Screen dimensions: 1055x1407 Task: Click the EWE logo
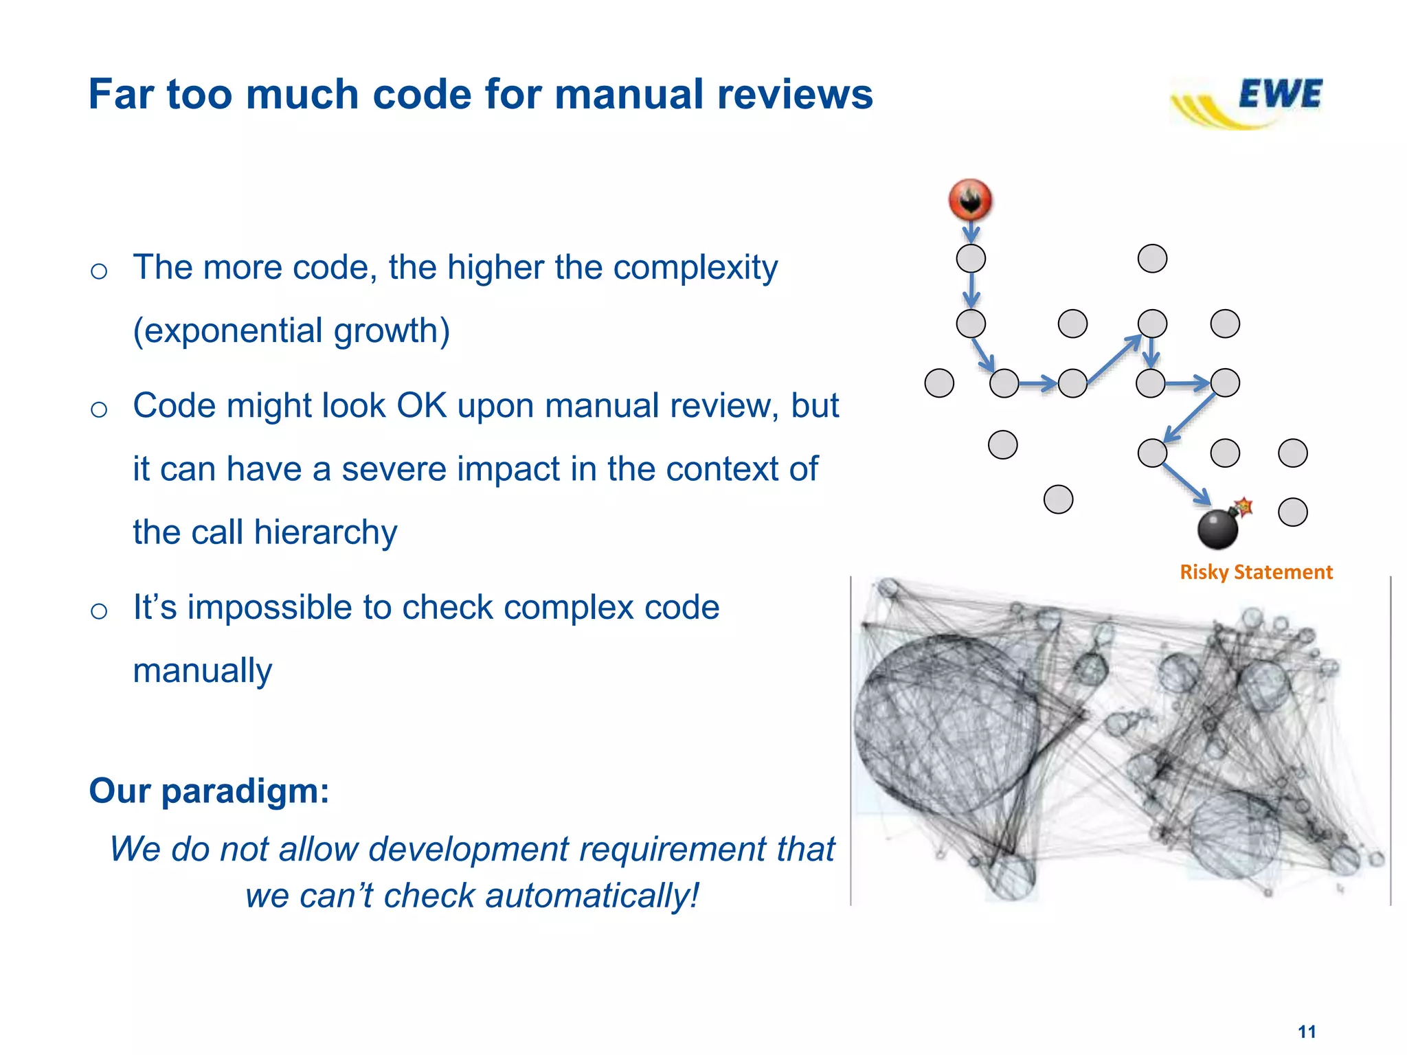[1249, 102]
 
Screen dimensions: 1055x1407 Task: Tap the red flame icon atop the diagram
[970, 200]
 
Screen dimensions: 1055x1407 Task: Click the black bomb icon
[1218, 528]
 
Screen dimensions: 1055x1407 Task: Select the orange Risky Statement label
[1256, 572]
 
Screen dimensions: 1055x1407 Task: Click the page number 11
[1307, 1032]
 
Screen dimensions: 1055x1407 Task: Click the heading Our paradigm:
[209, 791]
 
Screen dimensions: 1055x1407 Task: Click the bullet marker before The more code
[99, 271]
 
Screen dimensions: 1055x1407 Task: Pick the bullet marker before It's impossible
[99, 611]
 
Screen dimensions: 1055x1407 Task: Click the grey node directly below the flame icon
[971, 259]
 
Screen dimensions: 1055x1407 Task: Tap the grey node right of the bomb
[1292, 512]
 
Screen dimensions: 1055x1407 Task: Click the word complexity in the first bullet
[695, 268]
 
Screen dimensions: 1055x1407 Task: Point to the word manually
[203, 671]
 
